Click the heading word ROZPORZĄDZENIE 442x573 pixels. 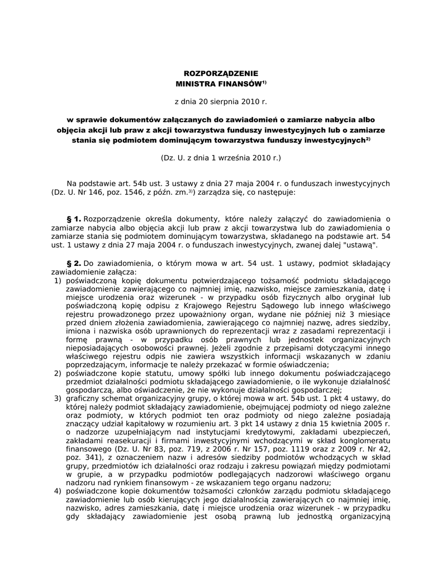tap(221, 73)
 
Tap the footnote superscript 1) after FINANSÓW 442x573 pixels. tap(264, 82)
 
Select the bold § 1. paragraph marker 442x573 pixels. tap(74, 219)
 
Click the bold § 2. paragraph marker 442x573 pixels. tap(74, 262)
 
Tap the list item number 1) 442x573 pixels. tap(58, 280)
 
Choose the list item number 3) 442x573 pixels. tap(58, 398)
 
